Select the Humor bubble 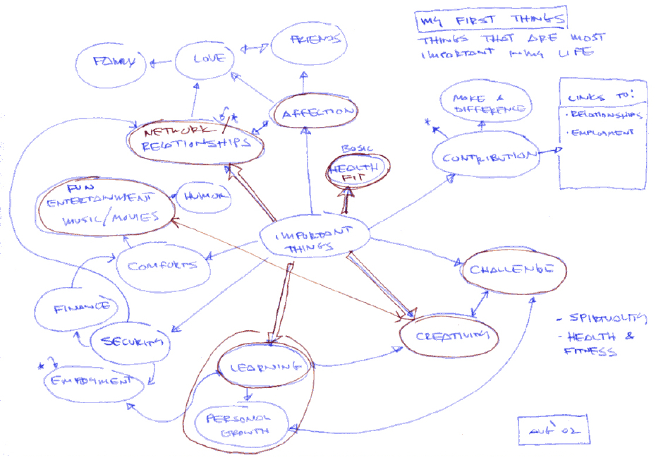pyautogui.click(x=205, y=197)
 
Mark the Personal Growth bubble pyautogui.click(x=238, y=424)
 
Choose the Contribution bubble pyautogui.click(x=485, y=156)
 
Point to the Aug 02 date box pyautogui.click(x=547, y=428)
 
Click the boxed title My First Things pyautogui.click(x=490, y=22)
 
